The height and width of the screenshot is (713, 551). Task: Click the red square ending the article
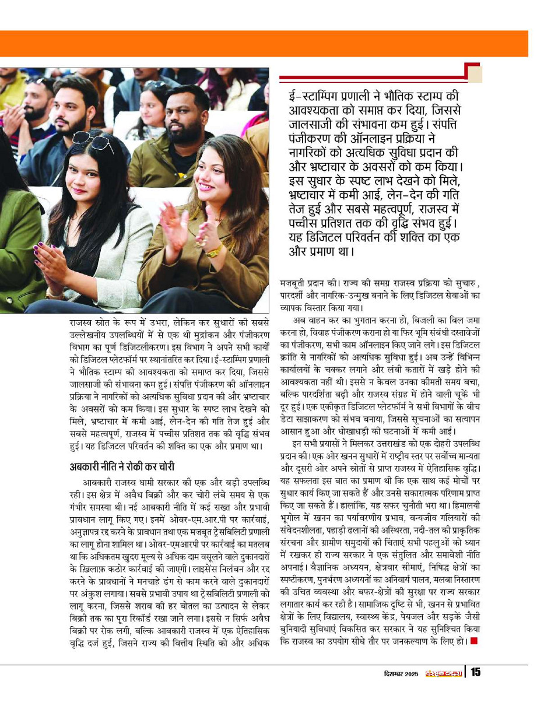point(474,642)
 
